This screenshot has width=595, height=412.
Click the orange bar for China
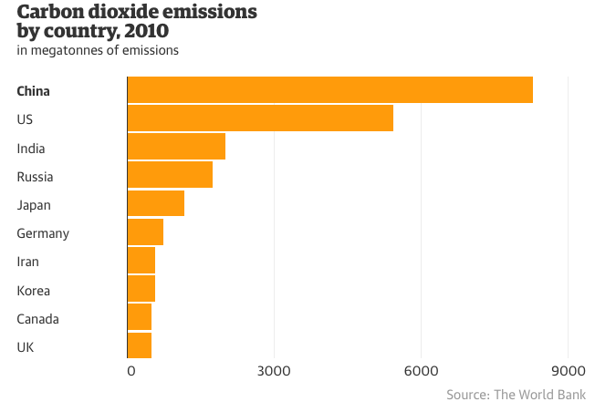coord(329,90)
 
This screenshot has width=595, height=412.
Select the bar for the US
coord(260,118)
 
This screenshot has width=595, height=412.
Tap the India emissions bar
coord(176,147)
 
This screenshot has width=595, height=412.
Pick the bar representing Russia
coord(170,175)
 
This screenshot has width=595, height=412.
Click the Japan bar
coord(156,203)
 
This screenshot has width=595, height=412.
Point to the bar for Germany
coord(145,232)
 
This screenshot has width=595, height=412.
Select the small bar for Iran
coord(141,261)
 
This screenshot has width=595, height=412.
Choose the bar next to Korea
coord(141,289)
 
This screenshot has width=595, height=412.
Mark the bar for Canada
coord(140,317)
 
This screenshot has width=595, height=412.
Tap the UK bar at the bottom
coord(140,345)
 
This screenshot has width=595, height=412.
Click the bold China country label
coord(33,91)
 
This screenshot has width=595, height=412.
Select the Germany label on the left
coord(43,233)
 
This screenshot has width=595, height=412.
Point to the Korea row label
coord(33,291)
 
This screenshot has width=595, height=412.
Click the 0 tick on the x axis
coord(131,371)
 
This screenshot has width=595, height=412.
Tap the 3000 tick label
coord(274,371)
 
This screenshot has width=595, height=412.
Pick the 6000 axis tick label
coord(421,371)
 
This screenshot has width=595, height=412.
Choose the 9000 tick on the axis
coord(568,371)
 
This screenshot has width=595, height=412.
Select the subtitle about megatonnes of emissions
coord(98,50)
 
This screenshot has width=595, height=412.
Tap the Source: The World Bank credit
coord(516,395)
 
